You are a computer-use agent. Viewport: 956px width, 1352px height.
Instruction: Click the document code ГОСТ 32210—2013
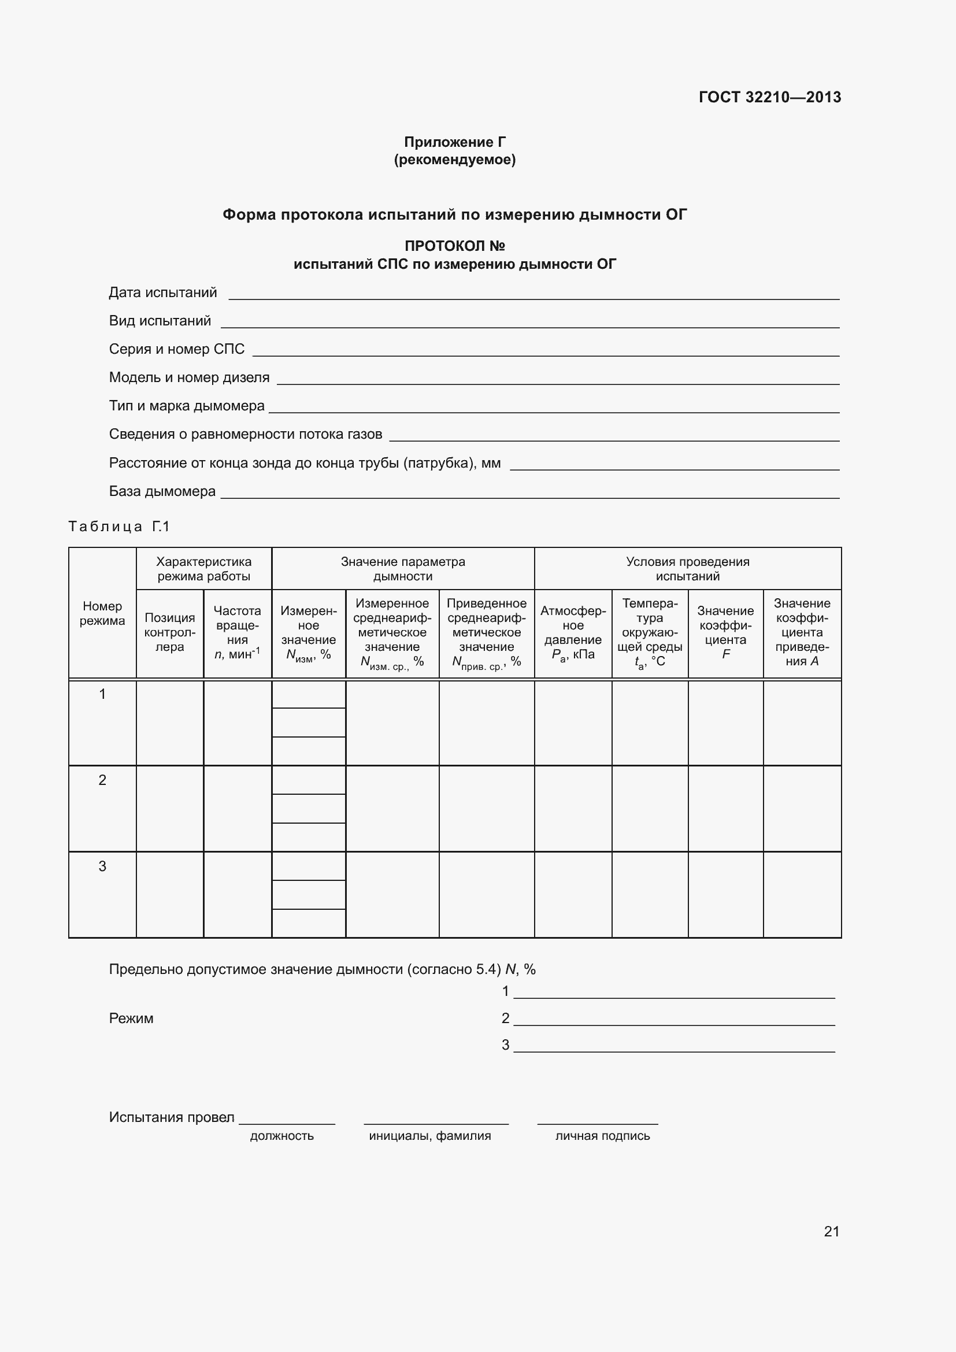tap(769, 97)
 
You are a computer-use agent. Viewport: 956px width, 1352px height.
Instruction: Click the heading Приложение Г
tap(454, 142)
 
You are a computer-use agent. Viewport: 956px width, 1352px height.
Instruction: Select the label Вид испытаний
tap(160, 321)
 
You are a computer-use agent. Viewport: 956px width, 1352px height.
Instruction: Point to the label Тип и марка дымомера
tap(187, 406)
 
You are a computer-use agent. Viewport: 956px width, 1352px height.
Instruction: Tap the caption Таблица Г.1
tap(119, 527)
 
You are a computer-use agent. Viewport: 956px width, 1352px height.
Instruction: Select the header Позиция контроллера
tap(169, 632)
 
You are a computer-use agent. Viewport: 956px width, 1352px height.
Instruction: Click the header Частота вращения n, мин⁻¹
tap(237, 632)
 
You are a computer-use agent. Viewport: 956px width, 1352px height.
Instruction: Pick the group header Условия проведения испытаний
tap(687, 568)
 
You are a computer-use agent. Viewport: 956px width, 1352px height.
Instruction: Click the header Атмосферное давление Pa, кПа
tap(573, 632)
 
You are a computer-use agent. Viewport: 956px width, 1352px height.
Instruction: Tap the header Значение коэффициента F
tap(725, 632)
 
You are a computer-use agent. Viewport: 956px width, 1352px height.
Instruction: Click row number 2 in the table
tap(102, 780)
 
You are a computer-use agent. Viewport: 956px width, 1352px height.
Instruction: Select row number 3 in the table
tap(102, 866)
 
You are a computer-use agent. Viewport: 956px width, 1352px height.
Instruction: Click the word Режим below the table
tap(131, 1018)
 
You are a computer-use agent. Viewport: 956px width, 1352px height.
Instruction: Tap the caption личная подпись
tap(602, 1136)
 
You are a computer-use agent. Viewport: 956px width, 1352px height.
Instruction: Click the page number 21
tap(831, 1231)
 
